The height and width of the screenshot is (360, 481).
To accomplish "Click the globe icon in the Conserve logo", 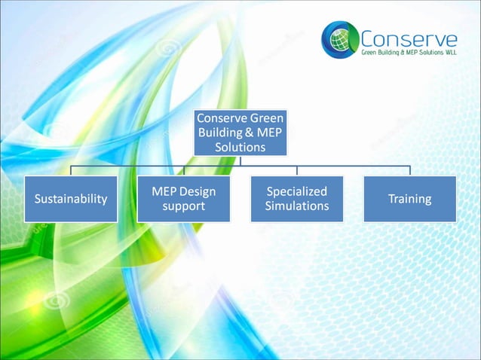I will coord(340,39).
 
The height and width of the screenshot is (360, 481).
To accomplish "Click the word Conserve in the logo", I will coord(408,38).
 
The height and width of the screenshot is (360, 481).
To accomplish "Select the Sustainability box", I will coord(71,199).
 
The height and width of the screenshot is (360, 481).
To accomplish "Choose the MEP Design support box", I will coord(184,199).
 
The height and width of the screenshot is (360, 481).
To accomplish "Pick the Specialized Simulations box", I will coord(297,199).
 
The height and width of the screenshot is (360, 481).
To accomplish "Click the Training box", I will coord(409,199).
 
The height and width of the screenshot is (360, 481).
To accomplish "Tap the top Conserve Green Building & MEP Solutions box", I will coord(240,133).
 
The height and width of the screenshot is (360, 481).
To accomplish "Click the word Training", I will coord(409,199).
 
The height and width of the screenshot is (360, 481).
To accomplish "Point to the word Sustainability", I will coord(71,199).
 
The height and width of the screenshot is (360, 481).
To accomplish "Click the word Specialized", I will coord(297,191).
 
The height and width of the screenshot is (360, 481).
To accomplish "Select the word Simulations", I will coord(297,206).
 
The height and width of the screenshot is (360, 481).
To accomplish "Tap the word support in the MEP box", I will coord(184,206).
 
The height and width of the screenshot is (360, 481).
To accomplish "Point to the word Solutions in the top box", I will coord(240,147).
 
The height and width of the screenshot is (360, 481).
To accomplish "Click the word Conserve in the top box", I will coord(219,118).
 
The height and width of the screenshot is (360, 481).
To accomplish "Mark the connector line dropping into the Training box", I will coord(409,171).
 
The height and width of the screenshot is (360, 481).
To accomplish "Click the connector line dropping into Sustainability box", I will coord(71,171).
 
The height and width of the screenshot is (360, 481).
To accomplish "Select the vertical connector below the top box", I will coord(240,160).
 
